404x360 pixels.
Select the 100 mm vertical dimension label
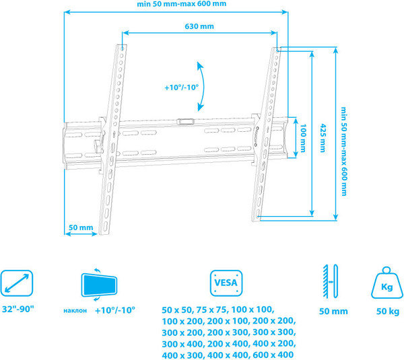(304, 137)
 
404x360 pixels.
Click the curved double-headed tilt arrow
(201, 85)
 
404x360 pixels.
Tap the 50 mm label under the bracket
(81, 227)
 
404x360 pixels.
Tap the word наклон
(75, 310)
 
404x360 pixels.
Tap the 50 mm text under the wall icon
(333, 311)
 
